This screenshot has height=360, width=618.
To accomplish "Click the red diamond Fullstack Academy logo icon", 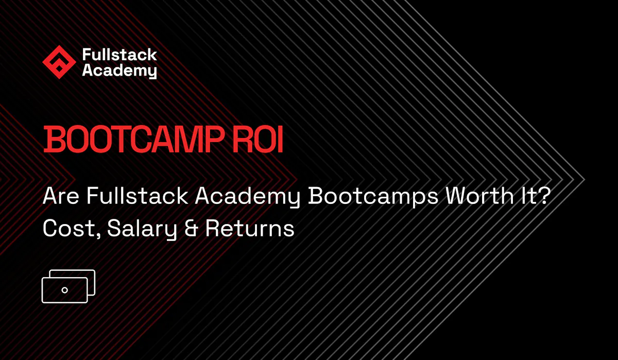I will click(59, 62).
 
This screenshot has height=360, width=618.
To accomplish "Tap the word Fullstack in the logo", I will click(119, 55).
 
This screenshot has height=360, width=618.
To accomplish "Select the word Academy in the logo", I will click(119, 71).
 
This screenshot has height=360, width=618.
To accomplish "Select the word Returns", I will click(250, 229).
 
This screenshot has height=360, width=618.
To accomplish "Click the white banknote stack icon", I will click(68, 286).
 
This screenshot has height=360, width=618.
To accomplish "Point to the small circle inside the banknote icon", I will click(64, 290).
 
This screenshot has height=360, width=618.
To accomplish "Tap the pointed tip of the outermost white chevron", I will click(584, 180).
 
